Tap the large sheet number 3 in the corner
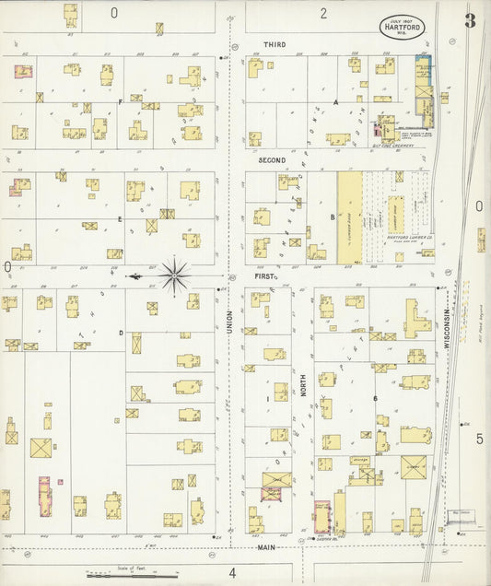click(x=470, y=20)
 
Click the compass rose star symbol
click(x=174, y=275)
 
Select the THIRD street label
click(x=275, y=44)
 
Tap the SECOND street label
click(x=271, y=160)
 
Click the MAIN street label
click(x=266, y=547)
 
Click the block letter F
click(x=120, y=102)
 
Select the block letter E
click(x=120, y=219)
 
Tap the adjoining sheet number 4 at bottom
click(x=232, y=572)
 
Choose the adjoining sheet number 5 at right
click(x=479, y=439)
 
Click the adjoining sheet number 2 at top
click(x=323, y=13)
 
